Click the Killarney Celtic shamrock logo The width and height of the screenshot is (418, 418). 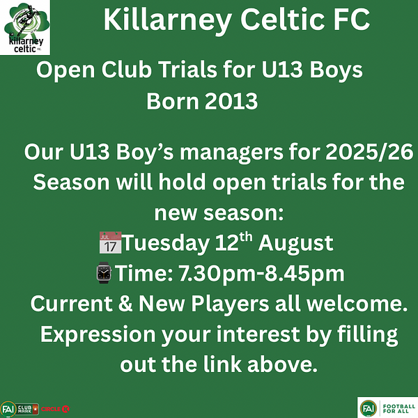pyautogui.click(x=25, y=27)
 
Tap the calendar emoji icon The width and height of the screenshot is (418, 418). pyautogui.click(x=110, y=242)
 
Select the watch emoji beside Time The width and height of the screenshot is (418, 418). pyautogui.click(x=104, y=272)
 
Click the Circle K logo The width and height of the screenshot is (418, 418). pyautogui.click(x=55, y=409)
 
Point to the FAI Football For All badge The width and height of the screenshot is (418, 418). pyautogui.click(x=387, y=408)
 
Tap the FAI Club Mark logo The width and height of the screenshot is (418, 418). pyautogui.click(x=20, y=409)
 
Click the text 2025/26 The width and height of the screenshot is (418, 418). pyautogui.click(x=369, y=152)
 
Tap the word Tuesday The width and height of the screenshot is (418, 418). pyautogui.click(x=166, y=243)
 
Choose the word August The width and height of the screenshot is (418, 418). pyautogui.click(x=295, y=244)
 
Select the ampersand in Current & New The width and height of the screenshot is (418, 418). pyautogui.click(x=125, y=303)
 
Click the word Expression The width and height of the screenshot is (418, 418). pyautogui.click(x=98, y=334)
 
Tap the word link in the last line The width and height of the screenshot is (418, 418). pyautogui.click(x=222, y=364)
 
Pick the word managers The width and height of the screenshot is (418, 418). pyautogui.click(x=231, y=153)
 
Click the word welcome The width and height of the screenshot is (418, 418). pyautogui.click(x=357, y=304)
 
